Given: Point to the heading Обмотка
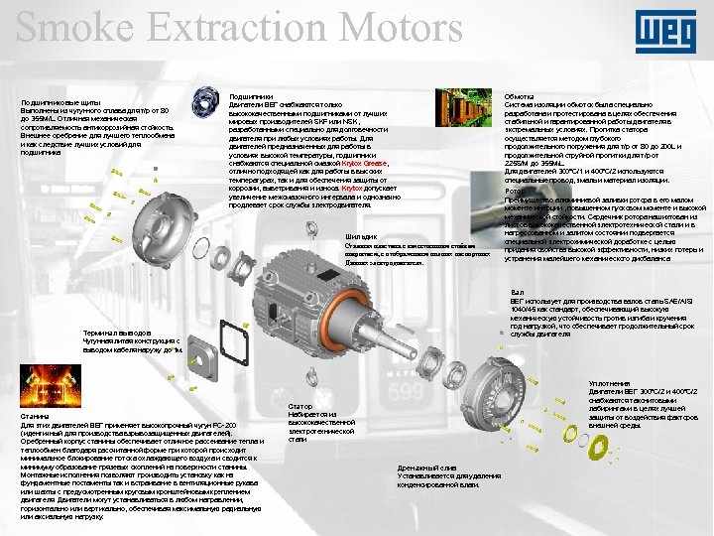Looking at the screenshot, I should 521,96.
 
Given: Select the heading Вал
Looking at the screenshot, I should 516,292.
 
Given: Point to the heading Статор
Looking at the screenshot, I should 300,407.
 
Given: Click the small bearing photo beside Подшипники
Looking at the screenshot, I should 206,99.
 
